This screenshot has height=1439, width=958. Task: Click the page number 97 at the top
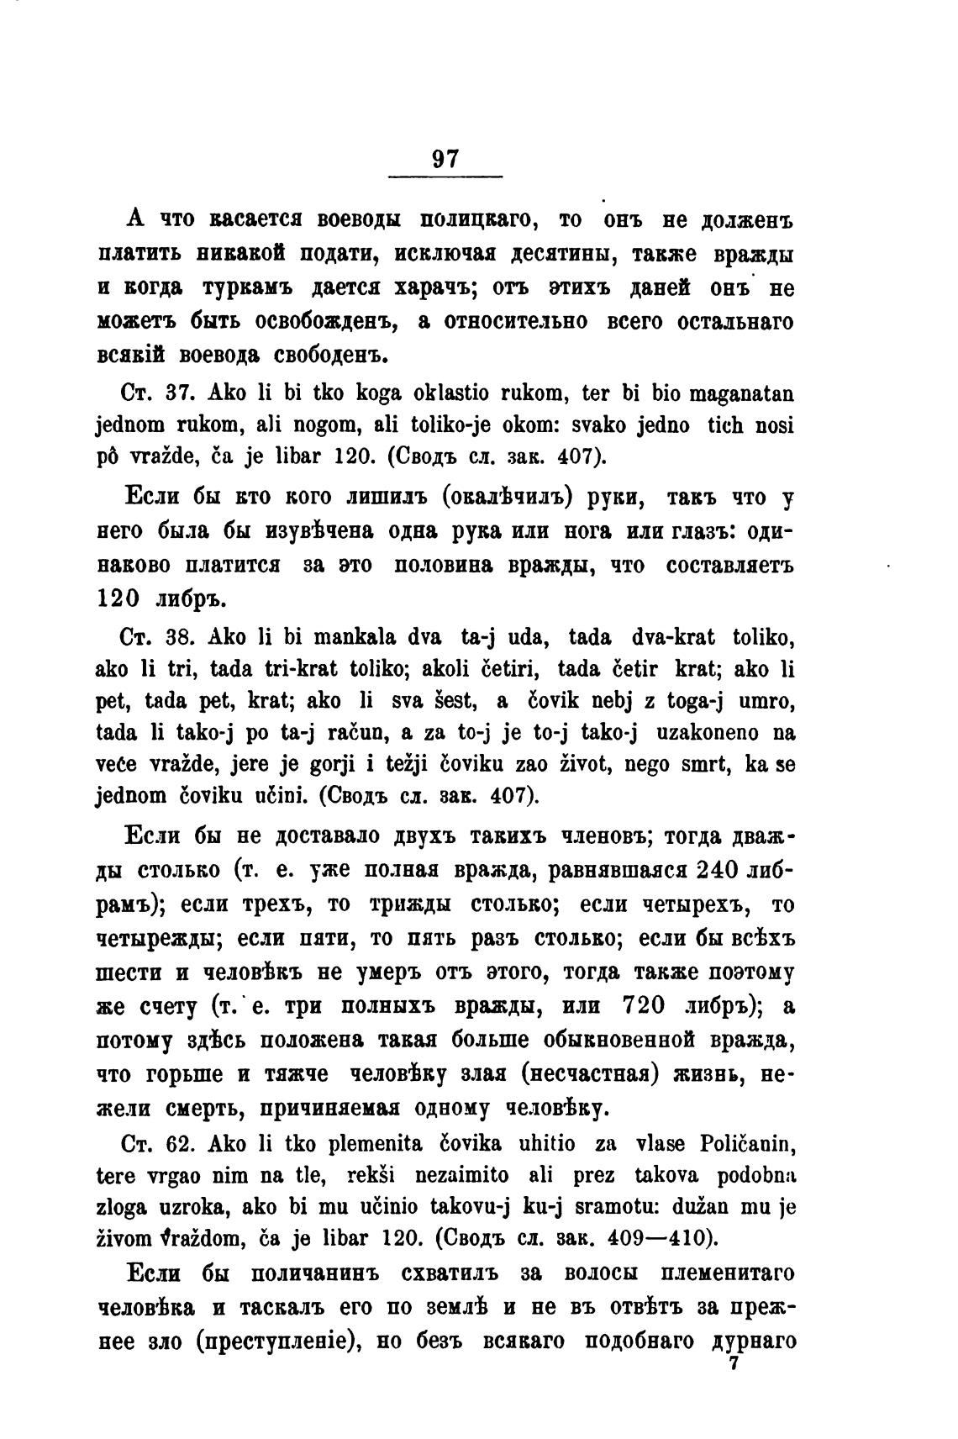tap(444, 158)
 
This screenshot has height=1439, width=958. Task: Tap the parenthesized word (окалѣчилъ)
tap(513, 498)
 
